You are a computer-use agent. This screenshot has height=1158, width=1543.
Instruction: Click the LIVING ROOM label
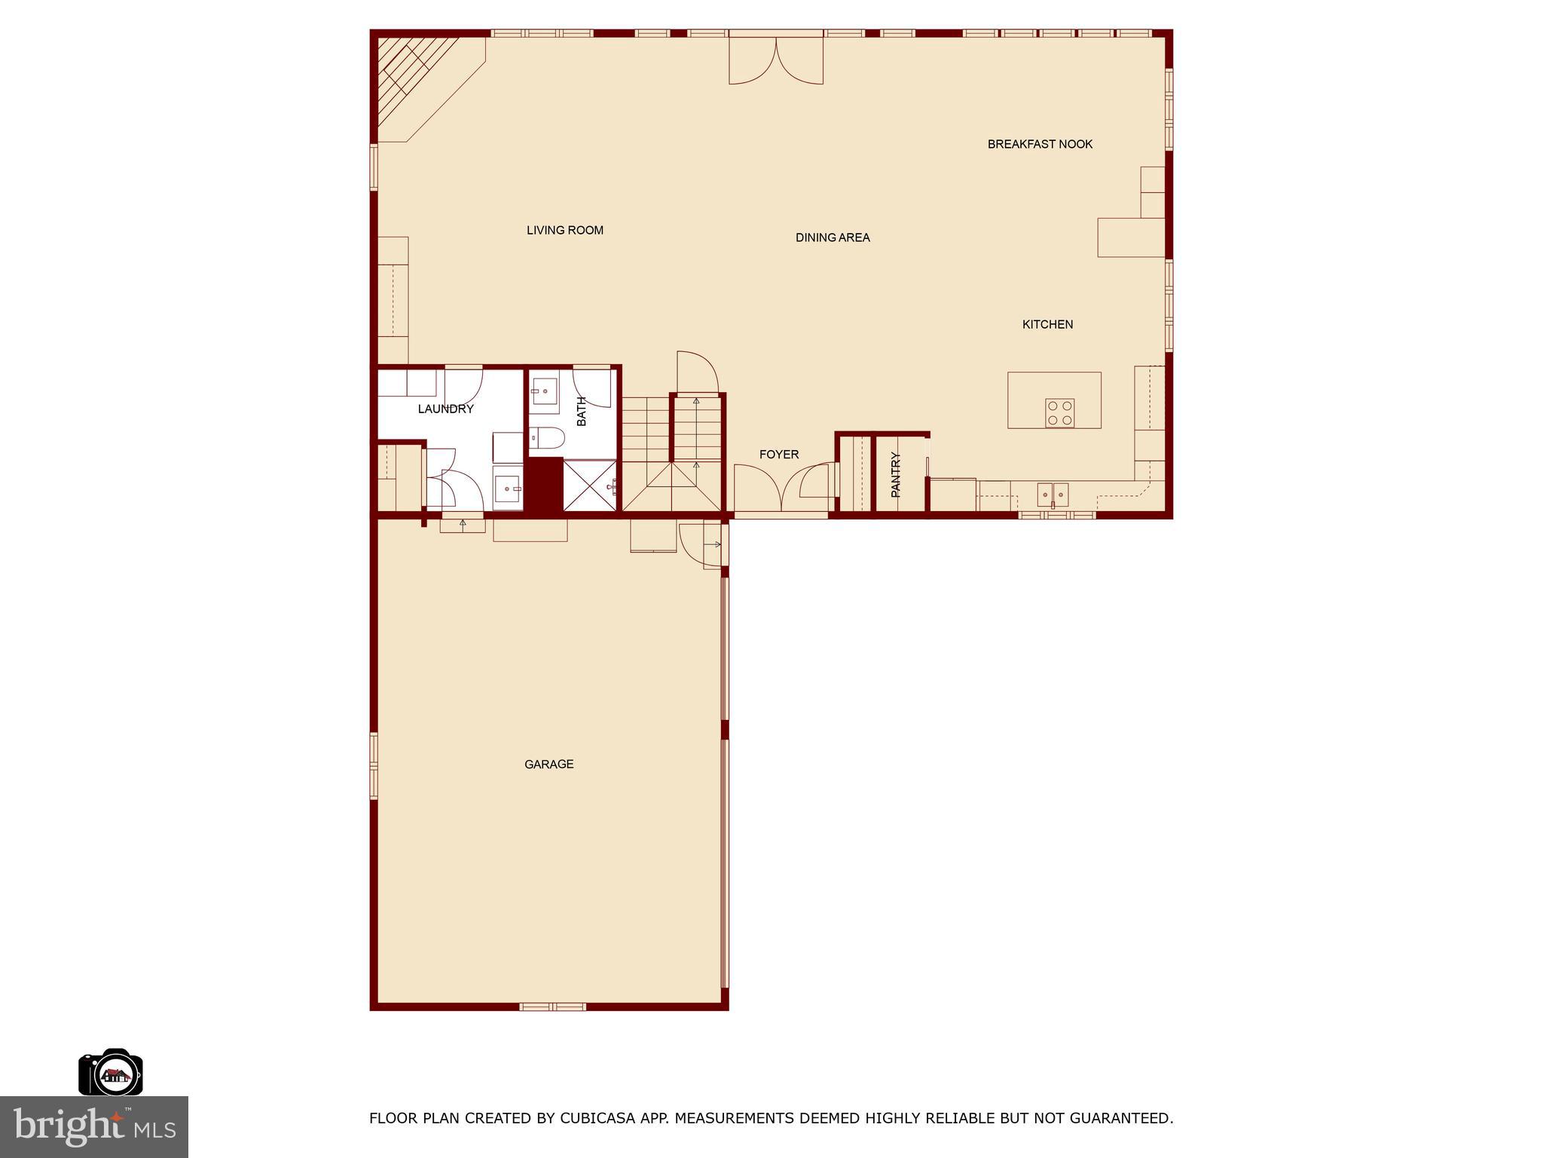(x=564, y=231)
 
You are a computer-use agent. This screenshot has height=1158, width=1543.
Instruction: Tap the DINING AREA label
(x=833, y=237)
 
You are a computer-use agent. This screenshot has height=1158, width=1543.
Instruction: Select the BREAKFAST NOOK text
(x=1040, y=144)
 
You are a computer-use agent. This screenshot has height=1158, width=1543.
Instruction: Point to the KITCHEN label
(x=1047, y=324)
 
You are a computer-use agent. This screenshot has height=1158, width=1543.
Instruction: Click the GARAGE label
(x=548, y=764)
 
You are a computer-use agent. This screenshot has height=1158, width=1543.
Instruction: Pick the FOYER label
(x=778, y=455)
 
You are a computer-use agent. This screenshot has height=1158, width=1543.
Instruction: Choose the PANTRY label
(x=896, y=474)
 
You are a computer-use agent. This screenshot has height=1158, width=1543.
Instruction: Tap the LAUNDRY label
(x=445, y=409)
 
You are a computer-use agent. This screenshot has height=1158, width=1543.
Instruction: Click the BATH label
(x=582, y=412)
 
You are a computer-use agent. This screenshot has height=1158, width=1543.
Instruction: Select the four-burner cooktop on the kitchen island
(x=1059, y=413)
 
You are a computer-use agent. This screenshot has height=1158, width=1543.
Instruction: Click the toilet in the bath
(x=547, y=438)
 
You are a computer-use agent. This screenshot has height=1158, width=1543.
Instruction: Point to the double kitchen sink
(x=1053, y=495)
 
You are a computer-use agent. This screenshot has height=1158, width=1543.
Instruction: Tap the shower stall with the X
(x=590, y=486)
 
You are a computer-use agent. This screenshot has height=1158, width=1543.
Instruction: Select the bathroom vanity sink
(x=543, y=391)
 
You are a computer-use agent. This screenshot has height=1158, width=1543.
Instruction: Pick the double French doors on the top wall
(x=775, y=59)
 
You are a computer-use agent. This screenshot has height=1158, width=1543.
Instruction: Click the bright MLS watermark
(x=94, y=1126)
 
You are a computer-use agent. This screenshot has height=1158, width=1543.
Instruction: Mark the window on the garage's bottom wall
(x=552, y=1006)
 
